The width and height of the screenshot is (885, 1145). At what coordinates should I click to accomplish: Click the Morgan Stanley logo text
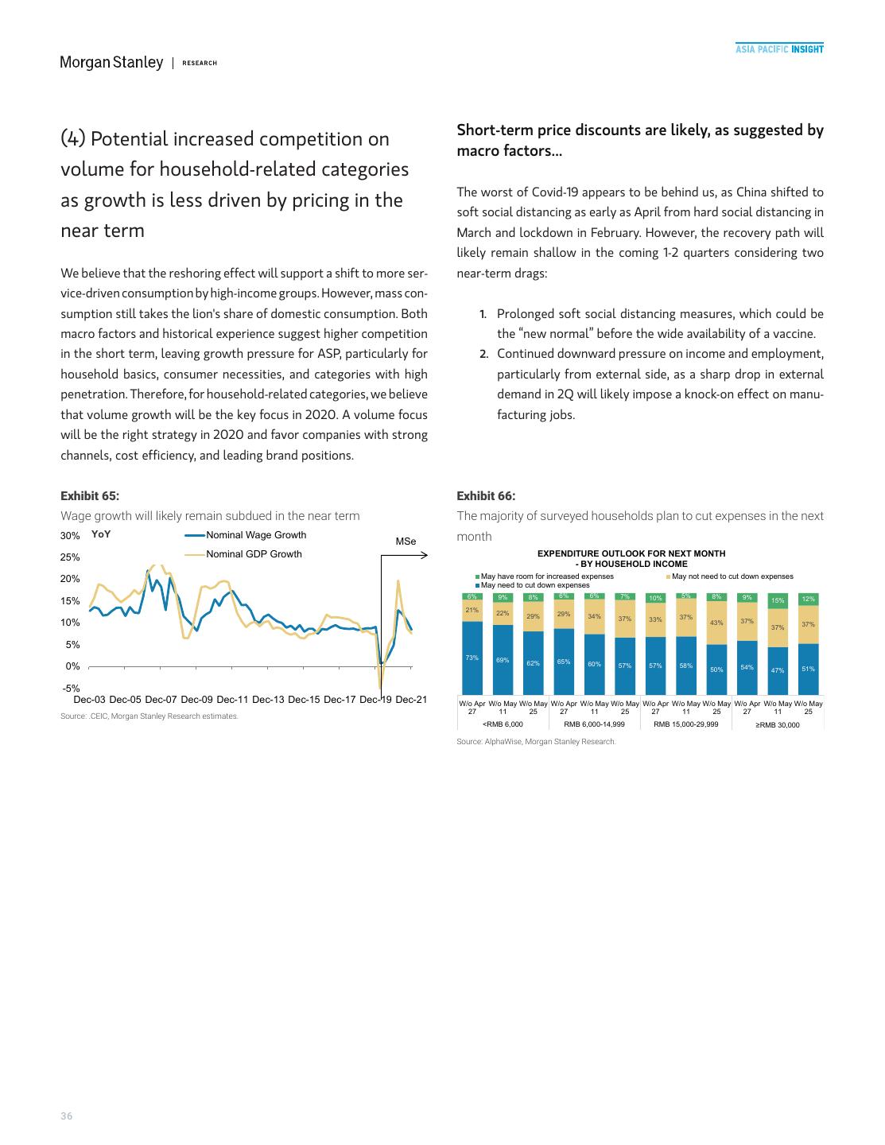tap(111, 62)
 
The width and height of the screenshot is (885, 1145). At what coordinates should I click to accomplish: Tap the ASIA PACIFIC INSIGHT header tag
tap(778, 49)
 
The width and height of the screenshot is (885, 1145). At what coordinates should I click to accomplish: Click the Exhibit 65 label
tap(90, 495)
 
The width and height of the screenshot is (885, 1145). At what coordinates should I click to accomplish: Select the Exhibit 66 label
tap(486, 495)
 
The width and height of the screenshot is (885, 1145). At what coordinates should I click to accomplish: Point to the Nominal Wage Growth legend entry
tap(255, 535)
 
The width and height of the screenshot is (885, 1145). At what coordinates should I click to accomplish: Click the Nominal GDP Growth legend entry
tap(254, 554)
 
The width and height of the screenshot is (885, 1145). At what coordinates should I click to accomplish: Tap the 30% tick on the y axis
tap(70, 536)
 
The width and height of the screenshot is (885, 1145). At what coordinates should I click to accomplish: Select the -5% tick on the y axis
tap(71, 688)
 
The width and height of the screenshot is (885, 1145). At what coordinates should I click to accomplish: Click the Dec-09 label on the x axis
tap(196, 700)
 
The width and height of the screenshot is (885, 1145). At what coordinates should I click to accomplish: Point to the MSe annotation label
tap(406, 541)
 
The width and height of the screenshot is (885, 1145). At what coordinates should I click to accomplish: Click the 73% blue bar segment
tap(472, 658)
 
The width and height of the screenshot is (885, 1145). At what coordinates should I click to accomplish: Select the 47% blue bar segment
tap(778, 670)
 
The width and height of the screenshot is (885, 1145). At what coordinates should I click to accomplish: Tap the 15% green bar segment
tap(778, 600)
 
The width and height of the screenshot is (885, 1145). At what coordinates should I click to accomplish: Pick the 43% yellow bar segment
tap(716, 623)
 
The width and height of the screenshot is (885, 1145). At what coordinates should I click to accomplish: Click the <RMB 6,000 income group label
tap(503, 724)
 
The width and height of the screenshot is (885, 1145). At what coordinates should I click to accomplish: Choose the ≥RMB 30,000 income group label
tap(778, 724)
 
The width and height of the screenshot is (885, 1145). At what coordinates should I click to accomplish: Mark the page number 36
tap(67, 1116)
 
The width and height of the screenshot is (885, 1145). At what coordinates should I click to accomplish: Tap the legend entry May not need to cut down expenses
tap(732, 576)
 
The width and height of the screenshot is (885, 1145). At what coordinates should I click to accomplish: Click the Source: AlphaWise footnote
tap(536, 742)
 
